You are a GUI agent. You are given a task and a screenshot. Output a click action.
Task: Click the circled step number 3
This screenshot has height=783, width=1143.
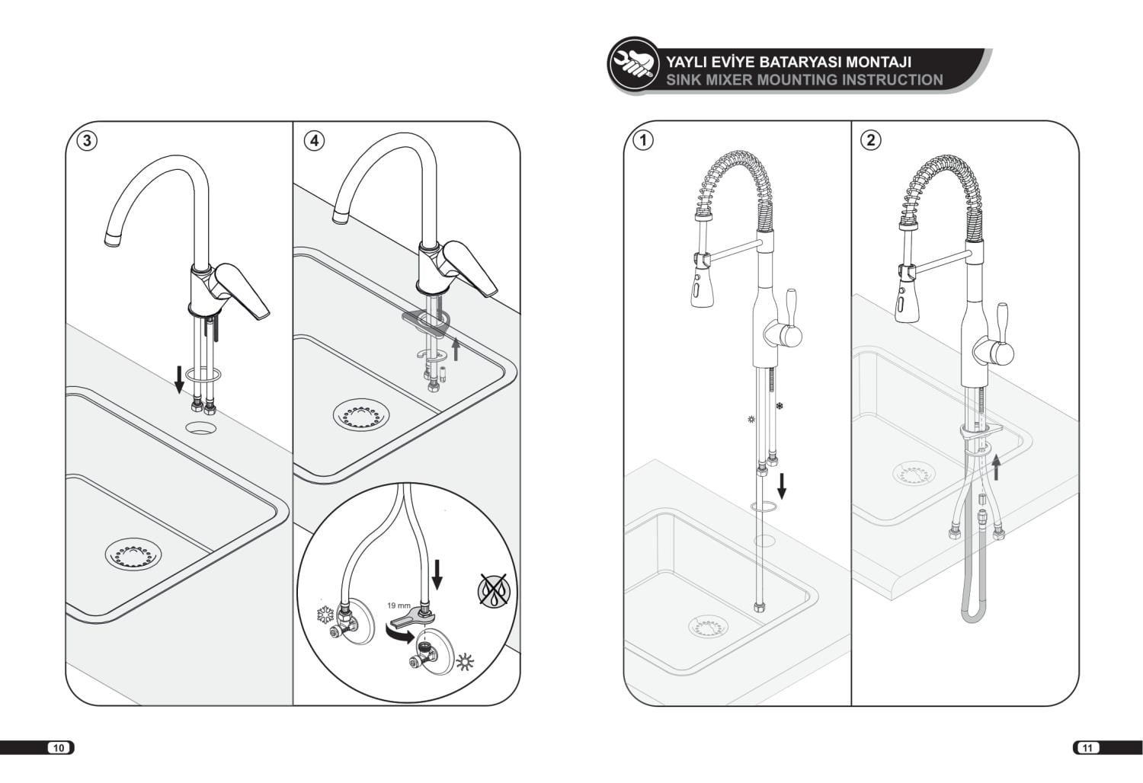pos(87,140)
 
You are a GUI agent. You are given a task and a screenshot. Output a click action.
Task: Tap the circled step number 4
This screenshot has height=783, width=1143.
pos(314,140)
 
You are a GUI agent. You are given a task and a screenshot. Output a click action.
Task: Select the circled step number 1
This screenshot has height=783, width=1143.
pos(644,139)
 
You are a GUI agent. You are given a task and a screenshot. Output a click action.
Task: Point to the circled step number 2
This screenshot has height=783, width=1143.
pos(871,139)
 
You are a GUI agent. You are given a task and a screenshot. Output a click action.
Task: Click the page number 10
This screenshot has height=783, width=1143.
pos(59,748)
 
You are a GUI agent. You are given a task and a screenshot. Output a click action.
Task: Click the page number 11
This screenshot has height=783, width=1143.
pos(1087,748)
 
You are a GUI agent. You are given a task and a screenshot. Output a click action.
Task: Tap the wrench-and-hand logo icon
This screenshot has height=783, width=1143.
pos(634,65)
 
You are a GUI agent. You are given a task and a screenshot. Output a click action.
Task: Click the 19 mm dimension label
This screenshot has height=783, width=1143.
pos(399,606)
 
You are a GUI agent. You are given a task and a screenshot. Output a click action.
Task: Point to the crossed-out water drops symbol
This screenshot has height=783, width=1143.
pos(494,590)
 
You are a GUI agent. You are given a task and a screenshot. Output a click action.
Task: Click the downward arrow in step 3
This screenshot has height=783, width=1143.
pos(179,379)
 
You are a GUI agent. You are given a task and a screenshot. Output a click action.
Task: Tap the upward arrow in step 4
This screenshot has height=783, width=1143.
pos(456,350)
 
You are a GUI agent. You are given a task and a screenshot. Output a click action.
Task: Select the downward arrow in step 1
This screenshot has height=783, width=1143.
pos(781,485)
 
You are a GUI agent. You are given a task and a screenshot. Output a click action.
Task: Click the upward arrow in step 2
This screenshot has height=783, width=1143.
pos(995,467)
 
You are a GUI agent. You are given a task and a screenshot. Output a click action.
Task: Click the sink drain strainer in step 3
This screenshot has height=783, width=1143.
pos(133,554)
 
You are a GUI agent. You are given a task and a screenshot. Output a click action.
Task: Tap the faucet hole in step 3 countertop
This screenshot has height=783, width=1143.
pos(200,427)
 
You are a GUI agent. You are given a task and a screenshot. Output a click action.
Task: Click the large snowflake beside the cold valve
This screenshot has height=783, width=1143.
pos(325,615)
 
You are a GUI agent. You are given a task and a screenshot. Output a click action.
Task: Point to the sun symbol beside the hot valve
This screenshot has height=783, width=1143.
pos(465,662)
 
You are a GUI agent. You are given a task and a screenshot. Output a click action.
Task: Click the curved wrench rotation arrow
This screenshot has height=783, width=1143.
pos(399,635)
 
